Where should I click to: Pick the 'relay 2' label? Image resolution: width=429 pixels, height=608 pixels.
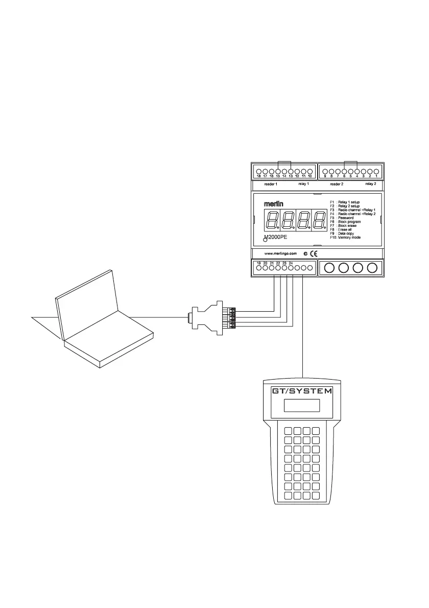371,183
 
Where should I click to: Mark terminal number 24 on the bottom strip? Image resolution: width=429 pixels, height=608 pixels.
291,267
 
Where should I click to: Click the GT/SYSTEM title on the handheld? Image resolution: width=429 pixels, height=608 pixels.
301,392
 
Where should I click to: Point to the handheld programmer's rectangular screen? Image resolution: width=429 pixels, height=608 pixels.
301,406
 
